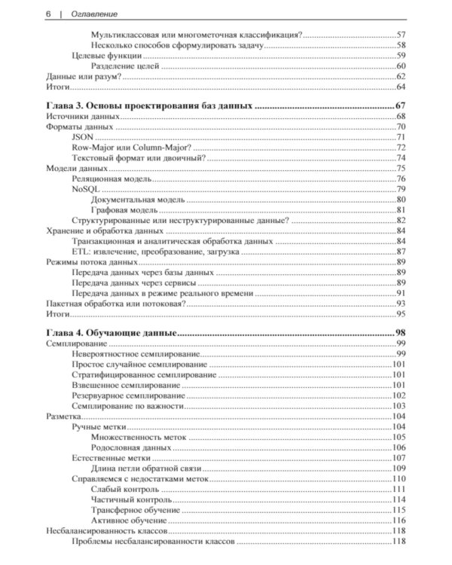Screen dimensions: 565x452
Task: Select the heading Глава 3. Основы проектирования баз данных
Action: coord(148,105)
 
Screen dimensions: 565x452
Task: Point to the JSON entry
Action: coord(83,137)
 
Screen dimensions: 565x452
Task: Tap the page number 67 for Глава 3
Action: coord(400,105)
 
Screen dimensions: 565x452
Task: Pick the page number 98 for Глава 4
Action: coord(400,332)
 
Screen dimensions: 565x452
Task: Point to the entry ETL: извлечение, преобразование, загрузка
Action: coord(155,251)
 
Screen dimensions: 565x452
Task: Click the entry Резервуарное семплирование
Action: coord(128,395)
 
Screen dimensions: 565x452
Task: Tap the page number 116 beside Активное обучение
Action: coord(399,521)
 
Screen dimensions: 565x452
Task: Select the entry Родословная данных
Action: coord(130,447)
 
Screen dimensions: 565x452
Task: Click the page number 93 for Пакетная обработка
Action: coord(402,303)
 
